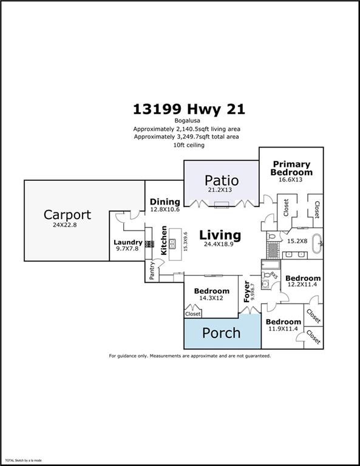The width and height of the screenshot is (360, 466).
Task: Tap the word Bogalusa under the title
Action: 180,120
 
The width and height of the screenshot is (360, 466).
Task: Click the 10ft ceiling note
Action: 180,145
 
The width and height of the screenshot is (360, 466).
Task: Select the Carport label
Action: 67,215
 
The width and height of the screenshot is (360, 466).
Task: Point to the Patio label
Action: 221,180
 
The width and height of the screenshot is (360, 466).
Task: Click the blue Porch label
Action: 221,333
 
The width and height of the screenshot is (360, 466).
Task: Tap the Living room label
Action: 220,235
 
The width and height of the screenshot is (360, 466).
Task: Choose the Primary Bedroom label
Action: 291,168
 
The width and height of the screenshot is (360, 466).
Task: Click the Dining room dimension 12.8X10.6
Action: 165,210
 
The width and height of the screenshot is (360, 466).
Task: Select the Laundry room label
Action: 127,243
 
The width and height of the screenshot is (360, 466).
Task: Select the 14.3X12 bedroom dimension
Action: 212,299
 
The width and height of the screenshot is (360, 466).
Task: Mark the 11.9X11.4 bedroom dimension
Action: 283,329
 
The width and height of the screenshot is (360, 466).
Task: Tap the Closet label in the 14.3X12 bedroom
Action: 193,314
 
